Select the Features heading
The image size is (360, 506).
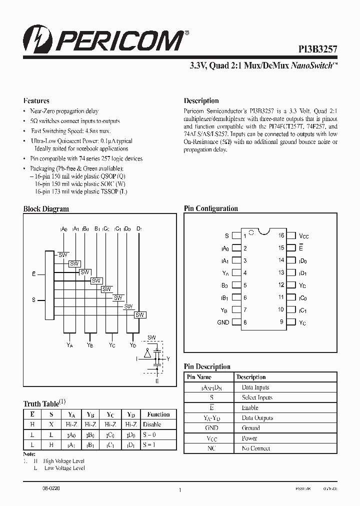pos(36,100)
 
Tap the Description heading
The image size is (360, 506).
pos(201,100)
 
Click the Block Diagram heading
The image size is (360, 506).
pos(46,209)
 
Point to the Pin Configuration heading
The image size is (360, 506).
pos(211,208)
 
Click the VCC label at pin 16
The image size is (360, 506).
pos(304,235)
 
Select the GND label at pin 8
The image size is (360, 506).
pos(223,322)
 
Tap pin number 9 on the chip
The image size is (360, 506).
pos(281,322)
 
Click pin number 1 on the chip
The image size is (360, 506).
pos(244,236)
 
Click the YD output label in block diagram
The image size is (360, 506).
pos(132,344)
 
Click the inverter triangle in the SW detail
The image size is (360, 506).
pos(147,354)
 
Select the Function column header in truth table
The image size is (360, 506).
pos(158,414)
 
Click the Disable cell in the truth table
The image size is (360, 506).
pos(152,424)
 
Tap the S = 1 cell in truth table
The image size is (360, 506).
pos(150,444)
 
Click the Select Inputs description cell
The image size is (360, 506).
pos(257,397)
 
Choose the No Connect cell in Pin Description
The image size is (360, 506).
pos(256,448)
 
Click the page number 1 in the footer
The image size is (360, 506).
pos(179,490)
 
